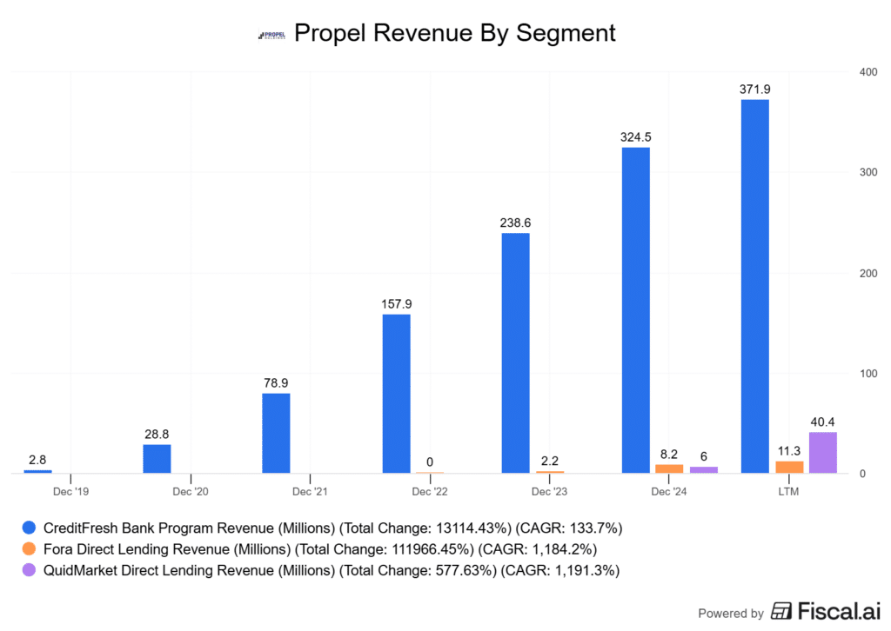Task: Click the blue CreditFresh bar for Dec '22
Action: tap(396, 393)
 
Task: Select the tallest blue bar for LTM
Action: tap(754, 287)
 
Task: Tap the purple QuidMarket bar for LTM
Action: tap(822, 453)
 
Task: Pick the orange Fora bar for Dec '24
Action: tap(669, 468)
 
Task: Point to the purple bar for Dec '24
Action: tap(703, 469)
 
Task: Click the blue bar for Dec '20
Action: tap(157, 459)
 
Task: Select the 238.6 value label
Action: tap(515, 223)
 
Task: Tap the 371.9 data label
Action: tap(754, 90)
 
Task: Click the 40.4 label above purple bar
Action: tap(822, 422)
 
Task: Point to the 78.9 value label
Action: tap(276, 383)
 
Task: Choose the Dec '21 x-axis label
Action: tap(310, 492)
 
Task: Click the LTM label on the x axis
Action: tap(788, 492)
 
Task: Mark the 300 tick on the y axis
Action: tap(859, 172)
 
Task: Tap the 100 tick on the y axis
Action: tap(859, 374)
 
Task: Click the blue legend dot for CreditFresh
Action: tap(29, 528)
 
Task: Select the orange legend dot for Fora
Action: tap(29, 548)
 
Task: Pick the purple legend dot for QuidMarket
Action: tap(29, 570)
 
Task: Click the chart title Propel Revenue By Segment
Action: tap(454, 33)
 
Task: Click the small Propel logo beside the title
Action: tap(271, 35)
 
